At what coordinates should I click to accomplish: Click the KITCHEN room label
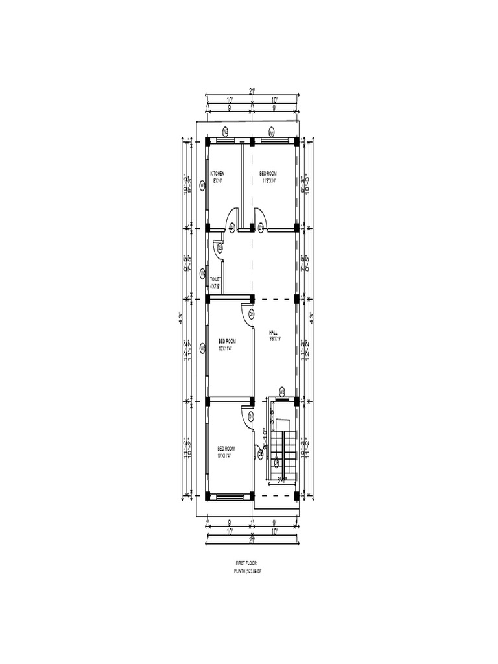click(x=217, y=174)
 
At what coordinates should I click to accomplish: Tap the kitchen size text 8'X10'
click(x=217, y=180)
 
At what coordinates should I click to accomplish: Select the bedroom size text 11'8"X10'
click(x=268, y=180)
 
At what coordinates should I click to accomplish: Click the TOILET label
click(x=215, y=279)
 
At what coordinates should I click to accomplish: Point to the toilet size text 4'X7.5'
click(x=215, y=285)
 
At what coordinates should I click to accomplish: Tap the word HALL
click(x=273, y=331)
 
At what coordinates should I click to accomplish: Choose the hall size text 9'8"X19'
click(x=274, y=338)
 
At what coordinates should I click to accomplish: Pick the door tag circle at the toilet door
click(x=220, y=247)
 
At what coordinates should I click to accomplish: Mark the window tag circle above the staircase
click(x=282, y=390)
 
